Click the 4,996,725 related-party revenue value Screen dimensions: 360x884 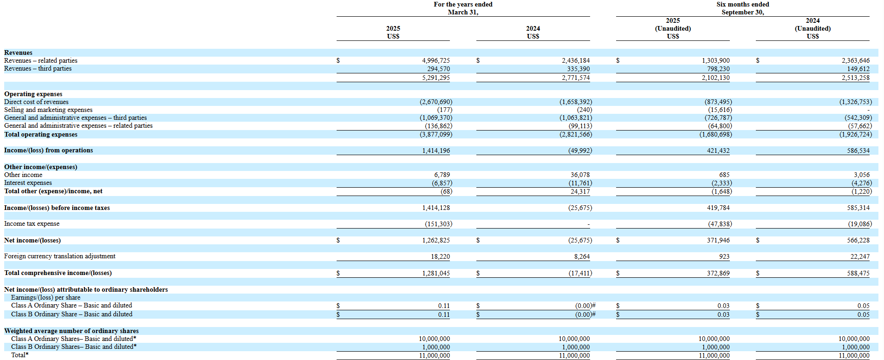click(435, 60)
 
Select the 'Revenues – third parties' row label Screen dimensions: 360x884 click(38, 69)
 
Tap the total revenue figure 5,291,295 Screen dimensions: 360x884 click(435, 78)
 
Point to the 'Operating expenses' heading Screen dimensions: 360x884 click(33, 94)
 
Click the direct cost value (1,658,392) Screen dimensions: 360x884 click(575, 102)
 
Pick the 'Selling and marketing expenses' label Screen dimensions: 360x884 click(48, 110)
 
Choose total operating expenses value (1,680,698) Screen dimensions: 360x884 click(715, 134)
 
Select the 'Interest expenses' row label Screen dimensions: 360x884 click(28, 183)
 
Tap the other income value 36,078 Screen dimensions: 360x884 click(580, 175)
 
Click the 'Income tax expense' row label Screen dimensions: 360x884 click(32, 224)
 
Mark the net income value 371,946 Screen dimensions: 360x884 click(718, 240)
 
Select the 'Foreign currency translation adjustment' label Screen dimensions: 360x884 click(59, 256)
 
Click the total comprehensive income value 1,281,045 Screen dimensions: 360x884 click(435, 273)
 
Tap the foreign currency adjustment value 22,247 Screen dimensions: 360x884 click(860, 256)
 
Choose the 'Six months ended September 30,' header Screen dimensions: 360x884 click(742, 8)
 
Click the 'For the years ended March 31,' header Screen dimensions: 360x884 click(463, 8)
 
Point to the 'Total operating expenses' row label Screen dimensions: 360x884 click(41, 135)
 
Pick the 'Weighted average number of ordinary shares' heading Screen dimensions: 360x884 click(71, 331)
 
